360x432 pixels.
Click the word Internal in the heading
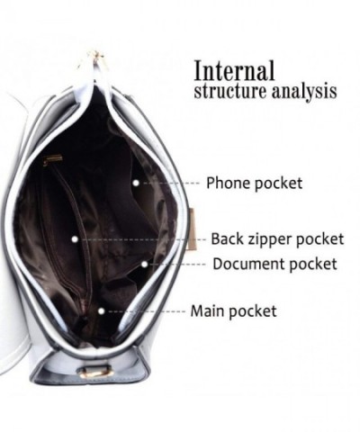point(234,70)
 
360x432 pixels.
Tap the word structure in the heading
point(230,91)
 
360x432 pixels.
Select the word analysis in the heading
point(304,92)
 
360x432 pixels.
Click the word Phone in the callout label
point(229,183)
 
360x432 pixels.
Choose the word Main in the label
point(208,310)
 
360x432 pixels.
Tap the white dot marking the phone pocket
point(136,183)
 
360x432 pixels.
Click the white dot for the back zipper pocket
point(75,239)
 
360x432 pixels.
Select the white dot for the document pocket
point(144,264)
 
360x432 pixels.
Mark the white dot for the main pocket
point(102,311)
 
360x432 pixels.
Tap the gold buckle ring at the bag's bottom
point(95,372)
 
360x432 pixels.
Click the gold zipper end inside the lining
point(53,159)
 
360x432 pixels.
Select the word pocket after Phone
point(278,184)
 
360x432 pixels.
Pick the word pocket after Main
point(253,311)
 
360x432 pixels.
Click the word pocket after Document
point(313,265)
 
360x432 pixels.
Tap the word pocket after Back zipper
point(320,239)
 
